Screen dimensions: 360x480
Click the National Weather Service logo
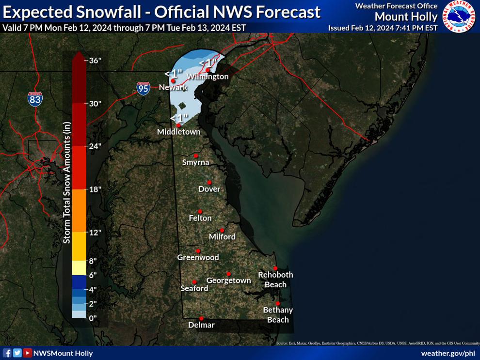tap(459, 17)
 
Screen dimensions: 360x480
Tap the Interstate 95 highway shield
tap(143, 88)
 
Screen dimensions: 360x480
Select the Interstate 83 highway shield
tap(35, 99)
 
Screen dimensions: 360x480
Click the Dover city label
tap(209, 189)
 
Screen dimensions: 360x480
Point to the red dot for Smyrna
tap(196, 156)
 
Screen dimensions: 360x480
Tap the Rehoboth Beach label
tap(275, 280)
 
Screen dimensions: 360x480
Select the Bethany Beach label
tap(278, 314)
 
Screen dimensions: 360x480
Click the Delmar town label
tap(201, 325)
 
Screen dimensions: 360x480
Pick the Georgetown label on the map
tap(228, 281)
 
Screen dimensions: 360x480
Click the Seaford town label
tap(194, 288)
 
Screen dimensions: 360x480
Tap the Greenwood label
tap(198, 257)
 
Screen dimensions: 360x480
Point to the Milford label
tap(222, 237)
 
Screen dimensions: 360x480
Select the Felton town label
tap(200, 219)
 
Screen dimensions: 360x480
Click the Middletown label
tap(178, 132)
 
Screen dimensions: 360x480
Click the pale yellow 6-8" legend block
tap(79, 268)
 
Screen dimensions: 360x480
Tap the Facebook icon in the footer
tap(7, 353)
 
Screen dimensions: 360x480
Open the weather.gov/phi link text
tap(448, 353)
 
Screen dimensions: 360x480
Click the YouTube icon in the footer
tap(28, 353)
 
